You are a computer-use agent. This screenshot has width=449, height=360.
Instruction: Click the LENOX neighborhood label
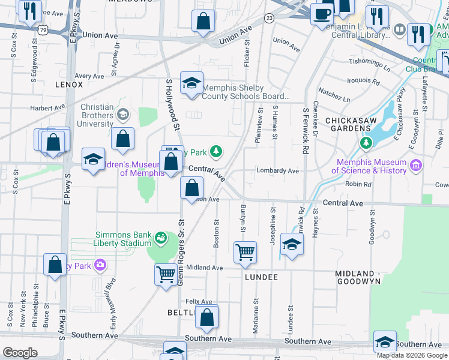[x=68, y=85]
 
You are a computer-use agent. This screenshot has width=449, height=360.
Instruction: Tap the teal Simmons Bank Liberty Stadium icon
[x=160, y=238]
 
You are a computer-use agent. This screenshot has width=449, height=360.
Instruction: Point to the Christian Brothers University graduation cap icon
[x=123, y=113]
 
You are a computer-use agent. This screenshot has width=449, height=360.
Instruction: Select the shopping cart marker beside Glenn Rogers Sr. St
[x=166, y=275]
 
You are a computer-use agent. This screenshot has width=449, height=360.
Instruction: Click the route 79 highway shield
[x=41, y=29]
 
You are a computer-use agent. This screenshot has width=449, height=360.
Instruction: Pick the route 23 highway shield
[x=270, y=19]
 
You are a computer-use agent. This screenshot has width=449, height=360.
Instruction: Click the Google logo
[x=20, y=352]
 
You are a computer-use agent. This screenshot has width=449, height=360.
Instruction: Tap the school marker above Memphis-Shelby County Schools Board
[x=191, y=83]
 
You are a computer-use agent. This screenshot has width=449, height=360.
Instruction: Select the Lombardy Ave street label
[x=277, y=171]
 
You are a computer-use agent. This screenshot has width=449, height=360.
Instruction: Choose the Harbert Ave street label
[x=47, y=109]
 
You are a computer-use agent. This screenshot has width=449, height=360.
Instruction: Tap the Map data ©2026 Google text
[x=411, y=355]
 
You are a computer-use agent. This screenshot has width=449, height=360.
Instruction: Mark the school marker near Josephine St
[x=291, y=245]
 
